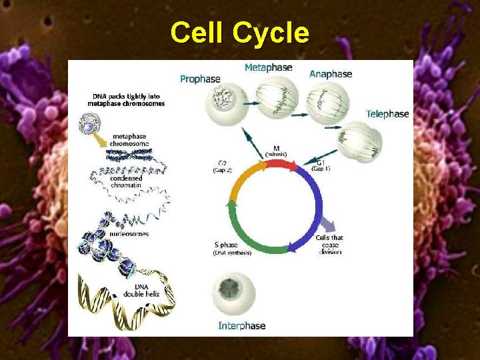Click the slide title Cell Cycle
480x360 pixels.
tap(239, 33)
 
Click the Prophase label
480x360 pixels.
tap(200, 79)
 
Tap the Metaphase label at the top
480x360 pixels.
tap(268, 67)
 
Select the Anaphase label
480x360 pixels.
tap(331, 74)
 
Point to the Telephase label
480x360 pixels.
tap(387, 114)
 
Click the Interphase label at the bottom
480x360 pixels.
tap(242, 326)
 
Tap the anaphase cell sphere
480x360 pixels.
tap(327, 101)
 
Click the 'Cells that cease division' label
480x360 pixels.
tap(329, 244)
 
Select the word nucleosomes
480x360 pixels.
tap(130, 234)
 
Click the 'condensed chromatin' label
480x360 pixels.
tap(126, 182)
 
